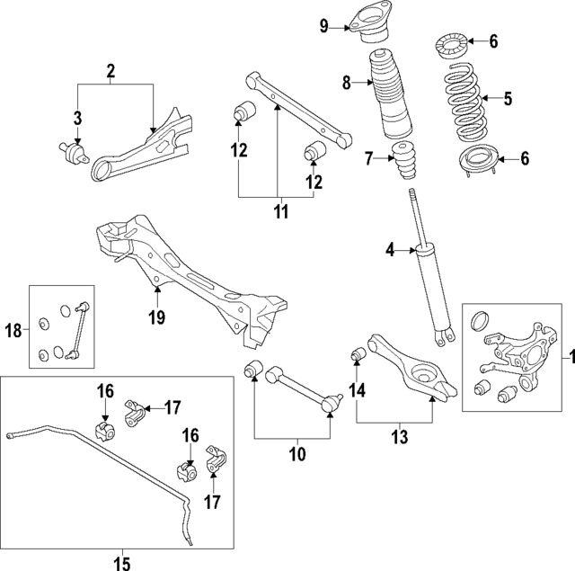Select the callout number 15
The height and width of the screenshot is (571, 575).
[x=122, y=564]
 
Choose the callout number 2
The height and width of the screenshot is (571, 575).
[x=111, y=70]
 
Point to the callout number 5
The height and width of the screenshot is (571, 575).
[x=508, y=99]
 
